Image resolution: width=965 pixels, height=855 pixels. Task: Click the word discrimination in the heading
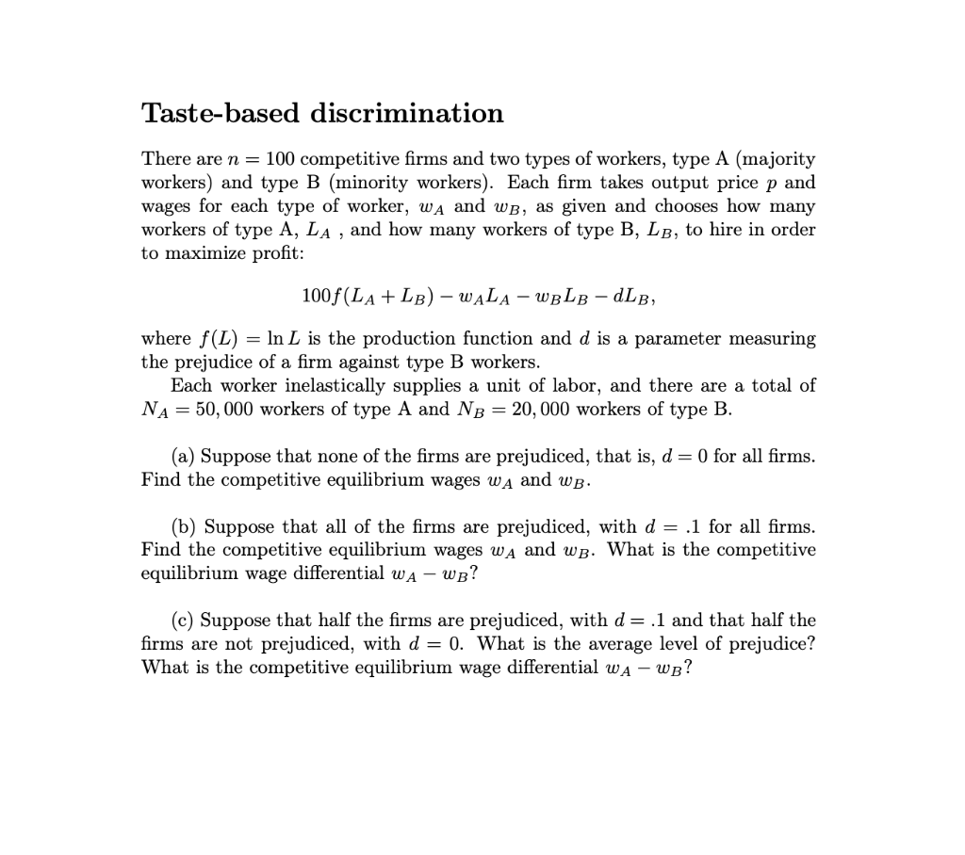tap(408, 114)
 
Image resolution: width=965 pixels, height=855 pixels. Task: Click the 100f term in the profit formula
tap(316, 296)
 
